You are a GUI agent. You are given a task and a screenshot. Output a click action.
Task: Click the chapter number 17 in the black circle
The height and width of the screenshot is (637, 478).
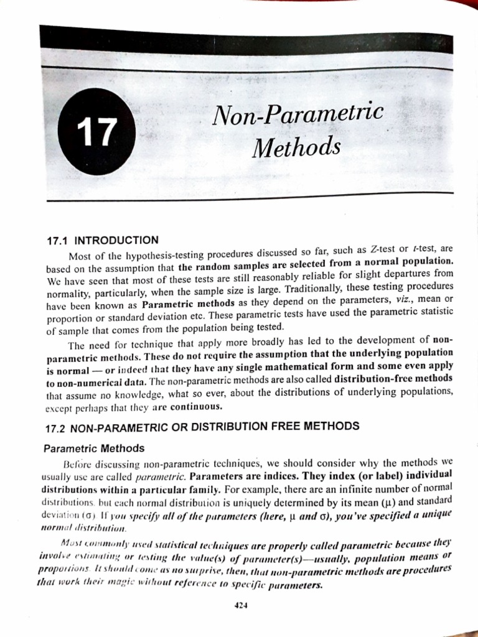(97, 133)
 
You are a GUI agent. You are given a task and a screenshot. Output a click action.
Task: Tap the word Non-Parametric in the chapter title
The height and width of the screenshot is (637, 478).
(297, 114)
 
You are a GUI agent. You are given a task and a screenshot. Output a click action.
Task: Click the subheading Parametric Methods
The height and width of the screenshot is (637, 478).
(93, 448)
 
